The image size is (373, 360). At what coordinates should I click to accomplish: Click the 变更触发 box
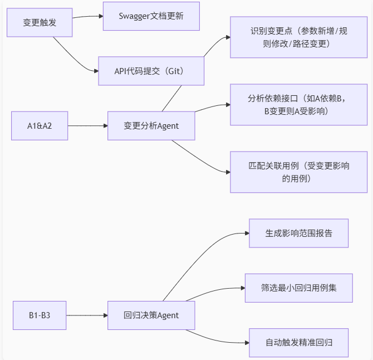(x=40, y=22)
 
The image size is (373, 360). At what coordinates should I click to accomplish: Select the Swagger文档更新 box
(x=151, y=16)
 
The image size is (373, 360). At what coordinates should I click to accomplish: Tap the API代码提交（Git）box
(x=151, y=71)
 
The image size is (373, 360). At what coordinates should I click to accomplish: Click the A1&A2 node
(x=40, y=125)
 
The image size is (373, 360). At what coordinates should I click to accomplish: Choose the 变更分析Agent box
(x=151, y=125)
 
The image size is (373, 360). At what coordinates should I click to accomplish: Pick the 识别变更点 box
(x=298, y=37)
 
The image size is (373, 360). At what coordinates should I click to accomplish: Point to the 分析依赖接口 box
(x=298, y=104)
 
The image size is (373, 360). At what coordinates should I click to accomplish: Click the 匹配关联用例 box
(x=298, y=172)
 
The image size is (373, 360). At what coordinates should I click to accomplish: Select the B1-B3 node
(x=40, y=315)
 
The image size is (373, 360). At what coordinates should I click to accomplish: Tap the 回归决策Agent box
(x=151, y=315)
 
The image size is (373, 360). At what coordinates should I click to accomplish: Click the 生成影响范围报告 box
(x=298, y=233)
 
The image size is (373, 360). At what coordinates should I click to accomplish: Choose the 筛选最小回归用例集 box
(x=298, y=288)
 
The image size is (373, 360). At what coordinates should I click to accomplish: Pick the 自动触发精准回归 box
(x=298, y=343)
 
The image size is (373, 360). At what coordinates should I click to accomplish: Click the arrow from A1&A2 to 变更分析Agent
(x=87, y=125)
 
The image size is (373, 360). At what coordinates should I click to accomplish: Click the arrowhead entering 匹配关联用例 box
(x=227, y=172)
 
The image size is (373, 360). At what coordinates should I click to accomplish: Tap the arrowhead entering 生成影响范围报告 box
(x=246, y=233)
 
